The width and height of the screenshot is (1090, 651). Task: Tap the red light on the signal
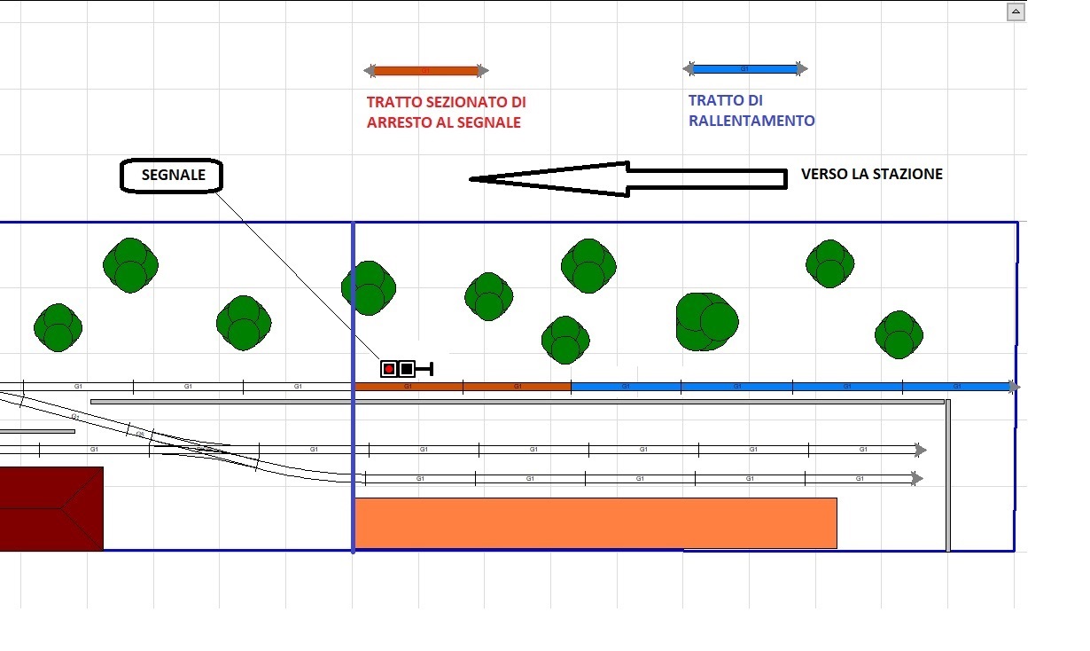388,369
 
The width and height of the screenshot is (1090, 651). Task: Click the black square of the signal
407,369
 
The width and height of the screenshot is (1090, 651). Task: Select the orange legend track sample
426,70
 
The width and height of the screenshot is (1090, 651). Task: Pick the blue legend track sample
744,68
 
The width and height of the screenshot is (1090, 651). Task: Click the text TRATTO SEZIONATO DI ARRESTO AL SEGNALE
446,113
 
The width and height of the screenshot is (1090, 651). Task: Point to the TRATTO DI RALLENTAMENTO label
751,111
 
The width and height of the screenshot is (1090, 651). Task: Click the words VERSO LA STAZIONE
871,175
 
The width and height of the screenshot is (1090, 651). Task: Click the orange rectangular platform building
596,523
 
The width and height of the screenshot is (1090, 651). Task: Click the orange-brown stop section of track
462,387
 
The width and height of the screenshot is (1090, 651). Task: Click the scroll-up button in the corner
1016,12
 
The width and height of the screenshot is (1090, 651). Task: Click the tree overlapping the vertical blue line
368,286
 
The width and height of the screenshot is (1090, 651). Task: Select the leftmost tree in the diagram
58,327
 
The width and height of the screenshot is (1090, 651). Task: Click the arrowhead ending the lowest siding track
919,479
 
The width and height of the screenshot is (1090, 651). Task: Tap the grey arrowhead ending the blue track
1015,387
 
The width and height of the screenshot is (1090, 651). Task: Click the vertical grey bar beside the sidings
948,475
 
